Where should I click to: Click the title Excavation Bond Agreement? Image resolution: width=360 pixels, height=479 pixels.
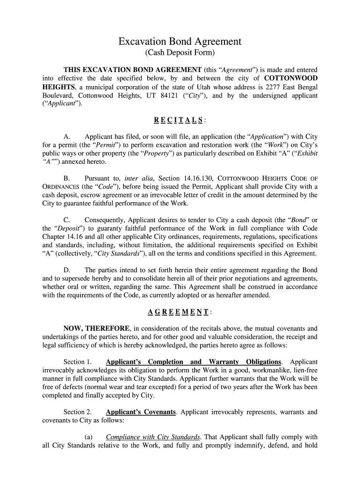(180, 42)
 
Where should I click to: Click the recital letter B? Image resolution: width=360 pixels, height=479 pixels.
(66, 178)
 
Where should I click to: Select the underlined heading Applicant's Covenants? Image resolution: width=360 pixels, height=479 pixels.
(141, 412)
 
